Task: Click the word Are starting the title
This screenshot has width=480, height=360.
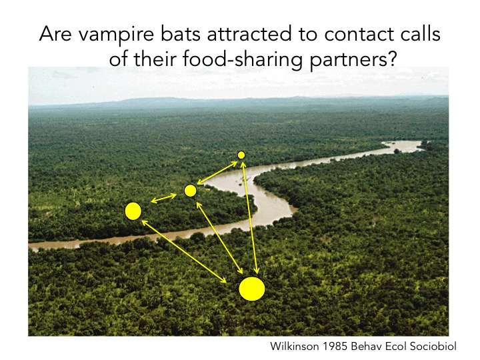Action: point(55,35)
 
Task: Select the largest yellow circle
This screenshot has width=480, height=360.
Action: point(252,289)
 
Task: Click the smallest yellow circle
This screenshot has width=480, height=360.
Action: point(241,155)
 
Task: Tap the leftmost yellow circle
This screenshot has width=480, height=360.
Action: point(133,211)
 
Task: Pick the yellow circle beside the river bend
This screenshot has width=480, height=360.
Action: point(190,191)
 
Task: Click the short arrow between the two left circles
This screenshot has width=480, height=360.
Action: point(163,199)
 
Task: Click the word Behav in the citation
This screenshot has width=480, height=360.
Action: point(367,347)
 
